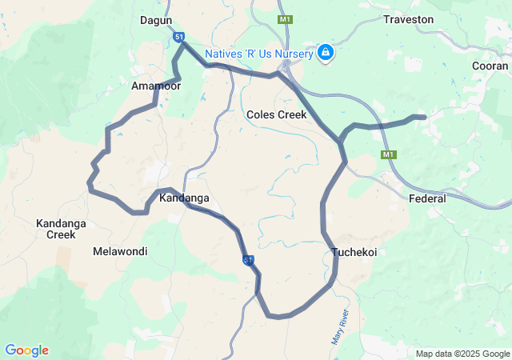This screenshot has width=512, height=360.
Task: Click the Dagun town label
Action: pyautogui.click(x=157, y=20)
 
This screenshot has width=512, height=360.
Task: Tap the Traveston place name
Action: pyautogui.click(x=409, y=19)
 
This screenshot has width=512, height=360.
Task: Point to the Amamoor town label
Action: pyautogui.click(x=155, y=86)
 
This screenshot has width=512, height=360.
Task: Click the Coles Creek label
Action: pyautogui.click(x=277, y=114)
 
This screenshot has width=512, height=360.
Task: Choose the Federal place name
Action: pyautogui.click(x=427, y=198)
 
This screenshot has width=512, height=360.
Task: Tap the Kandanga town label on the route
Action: pyautogui.click(x=184, y=198)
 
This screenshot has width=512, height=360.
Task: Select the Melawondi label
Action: pyautogui.click(x=120, y=251)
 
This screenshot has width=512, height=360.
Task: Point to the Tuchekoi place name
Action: pyautogui.click(x=354, y=252)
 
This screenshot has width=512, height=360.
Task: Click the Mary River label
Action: pyautogui.click(x=340, y=326)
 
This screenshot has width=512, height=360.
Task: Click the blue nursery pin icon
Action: pyautogui.click(x=326, y=54)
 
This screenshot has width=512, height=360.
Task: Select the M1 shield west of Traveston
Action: pyautogui.click(x=285, y=19)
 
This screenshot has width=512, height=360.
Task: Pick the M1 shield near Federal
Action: pyautogui.click(x=389, y=154)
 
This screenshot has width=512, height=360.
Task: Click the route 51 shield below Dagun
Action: pyautogui.click(x=179, y=37)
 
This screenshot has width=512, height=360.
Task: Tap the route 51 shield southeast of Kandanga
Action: pyautogui.click(x=249, y=260)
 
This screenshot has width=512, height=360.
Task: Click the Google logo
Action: pyautogui.click(x=26, y=350)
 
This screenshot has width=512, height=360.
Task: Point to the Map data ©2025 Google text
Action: pyautogui.click(x=462, y=354)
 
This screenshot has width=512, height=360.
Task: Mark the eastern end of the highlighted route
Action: pyautogui.click(x=422, y=118)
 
